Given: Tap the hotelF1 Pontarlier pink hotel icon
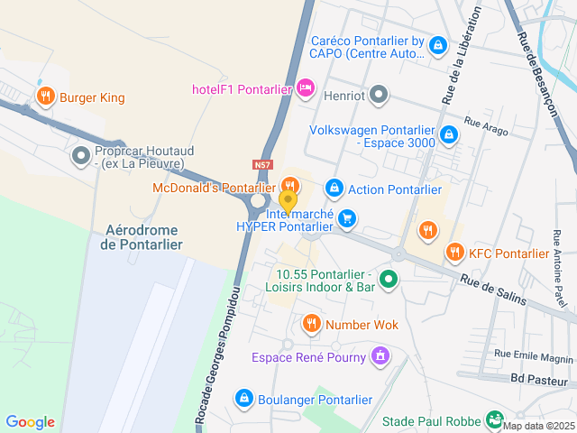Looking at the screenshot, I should tap(306, 88).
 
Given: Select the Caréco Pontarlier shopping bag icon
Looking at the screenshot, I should tap(438, 45).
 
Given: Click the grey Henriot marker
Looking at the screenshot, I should tap(380, 94).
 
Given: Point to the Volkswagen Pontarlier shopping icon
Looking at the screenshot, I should tap(450, 136).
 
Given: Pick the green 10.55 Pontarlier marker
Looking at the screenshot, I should tap(389, 280).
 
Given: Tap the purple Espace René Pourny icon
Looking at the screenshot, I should tap(380, 356).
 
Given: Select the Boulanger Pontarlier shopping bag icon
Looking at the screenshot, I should tap(243, 398).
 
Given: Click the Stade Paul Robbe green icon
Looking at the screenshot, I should tap(494, 419).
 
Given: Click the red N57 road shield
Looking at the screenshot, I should tap(262, 165).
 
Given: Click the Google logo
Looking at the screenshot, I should tap(31, 422).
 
